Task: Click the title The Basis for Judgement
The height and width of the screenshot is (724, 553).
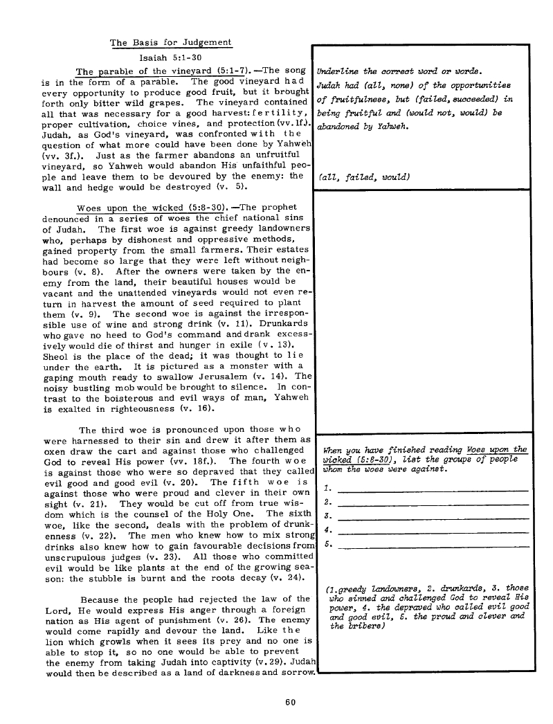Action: (x=170, y=42)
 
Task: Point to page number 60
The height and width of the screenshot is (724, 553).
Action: (x=291, y=701)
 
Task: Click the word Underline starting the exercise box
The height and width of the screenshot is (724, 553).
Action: (x=336, y=71)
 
